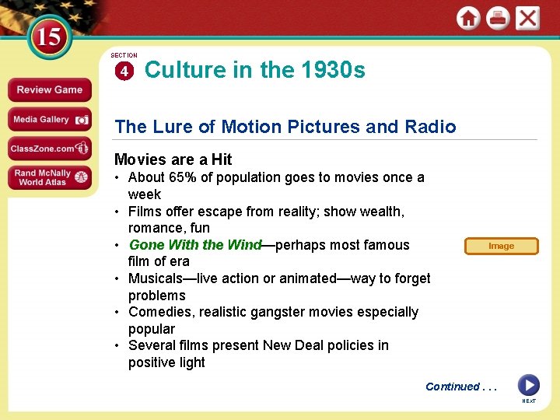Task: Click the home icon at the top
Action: click(x=468, y=18)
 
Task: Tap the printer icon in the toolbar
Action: click(x=498, y=18)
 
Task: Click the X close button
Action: click(x=527, y=18)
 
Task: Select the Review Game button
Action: click(x=49, y=89)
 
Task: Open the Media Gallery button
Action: click(x=49, y=120)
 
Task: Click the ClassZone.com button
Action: click(x=49, y=148)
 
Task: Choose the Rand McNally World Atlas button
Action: click(x=49, y=177)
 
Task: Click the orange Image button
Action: click(x=501, y=246)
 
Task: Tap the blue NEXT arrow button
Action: click(x=528, y=385)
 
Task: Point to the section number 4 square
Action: click(x=123, y=72)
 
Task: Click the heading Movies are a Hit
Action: click(x=173, y=159)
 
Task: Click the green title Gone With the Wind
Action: click(x=195, y=245)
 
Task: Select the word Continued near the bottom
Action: click(x=453, y=387)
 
